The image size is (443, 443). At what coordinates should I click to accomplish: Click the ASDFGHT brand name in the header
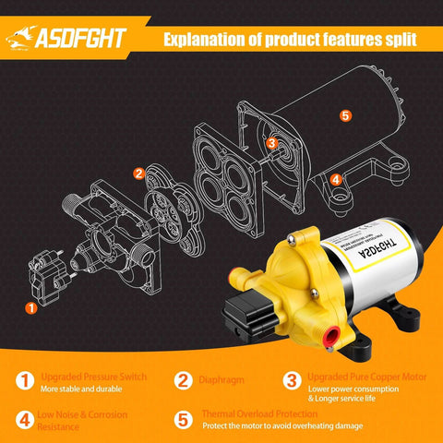point(90,40)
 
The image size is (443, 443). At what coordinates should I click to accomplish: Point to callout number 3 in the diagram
point(271,143)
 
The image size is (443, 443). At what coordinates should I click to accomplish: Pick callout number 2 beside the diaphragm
point(138,173)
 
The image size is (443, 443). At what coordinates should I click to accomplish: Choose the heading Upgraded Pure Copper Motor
point(355,377)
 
